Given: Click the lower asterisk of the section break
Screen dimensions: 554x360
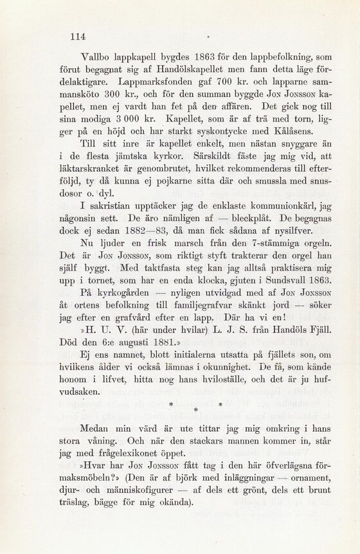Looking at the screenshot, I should [x=195, y=409].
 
